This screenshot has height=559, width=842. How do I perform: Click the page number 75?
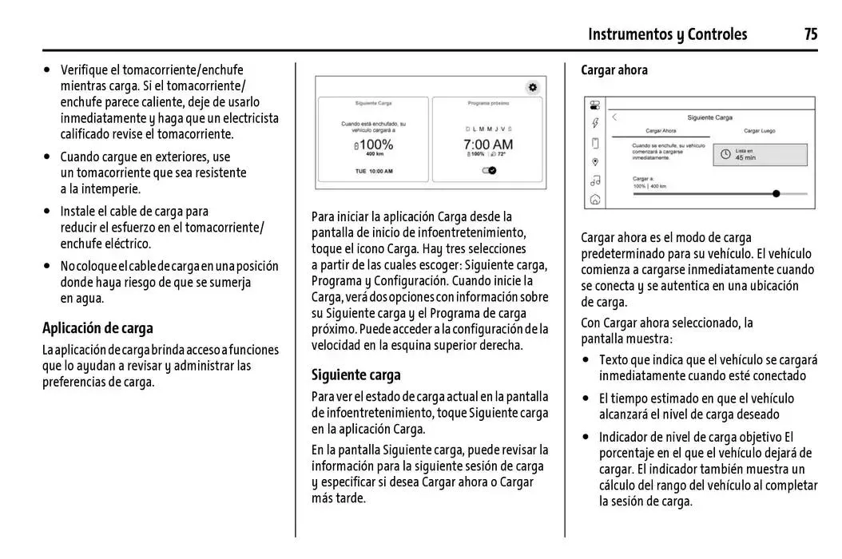810,34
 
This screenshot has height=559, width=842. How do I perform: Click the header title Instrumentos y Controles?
667,34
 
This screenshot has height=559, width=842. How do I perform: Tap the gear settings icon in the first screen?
533,87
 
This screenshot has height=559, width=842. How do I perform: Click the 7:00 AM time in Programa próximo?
488,145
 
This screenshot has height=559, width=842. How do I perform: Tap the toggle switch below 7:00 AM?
489,170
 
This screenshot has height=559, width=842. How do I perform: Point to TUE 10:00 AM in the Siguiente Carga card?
374,171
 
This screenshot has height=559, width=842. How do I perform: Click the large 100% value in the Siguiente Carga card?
374,145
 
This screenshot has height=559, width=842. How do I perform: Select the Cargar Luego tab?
758,131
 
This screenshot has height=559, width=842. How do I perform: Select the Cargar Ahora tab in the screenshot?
661,131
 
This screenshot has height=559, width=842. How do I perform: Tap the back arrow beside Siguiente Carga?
615,117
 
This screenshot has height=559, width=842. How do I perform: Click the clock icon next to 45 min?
725,155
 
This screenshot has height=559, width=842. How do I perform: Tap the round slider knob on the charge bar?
776,193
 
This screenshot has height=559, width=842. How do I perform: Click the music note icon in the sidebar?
594,180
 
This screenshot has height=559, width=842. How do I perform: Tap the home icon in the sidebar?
594,200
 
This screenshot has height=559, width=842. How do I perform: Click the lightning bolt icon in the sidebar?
594,123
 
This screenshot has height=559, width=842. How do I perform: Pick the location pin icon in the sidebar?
594,161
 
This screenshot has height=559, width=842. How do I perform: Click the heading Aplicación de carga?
97,328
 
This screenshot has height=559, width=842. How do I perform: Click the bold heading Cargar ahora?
614,70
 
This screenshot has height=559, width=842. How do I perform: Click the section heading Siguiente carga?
356,375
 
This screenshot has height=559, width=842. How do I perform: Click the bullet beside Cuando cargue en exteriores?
48,157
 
